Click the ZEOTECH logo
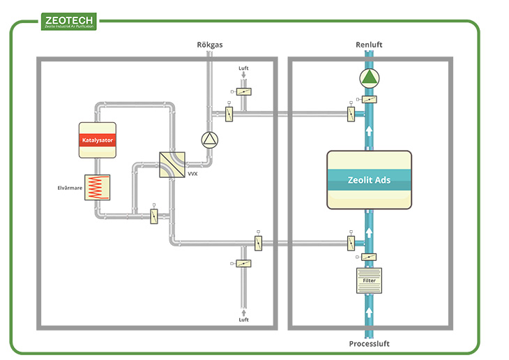(x=68, y=22)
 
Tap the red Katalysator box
(x=98, y=140)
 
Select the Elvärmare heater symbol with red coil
(x=97, y=188)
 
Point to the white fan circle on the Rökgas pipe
(x=209, y=140)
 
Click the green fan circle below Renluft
(x=368, y=77)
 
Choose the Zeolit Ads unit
(x=369, y=180)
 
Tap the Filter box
(x=369, y=280)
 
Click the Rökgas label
(x=208, y=45)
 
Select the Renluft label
(x=369, y=45)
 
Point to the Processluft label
(x=369, y=344)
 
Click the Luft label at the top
(x=243, y=68)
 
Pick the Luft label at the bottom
(x=243, y=320)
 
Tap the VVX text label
(x=193, y=174)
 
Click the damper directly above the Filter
(x=369, y=257)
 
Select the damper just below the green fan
(x=369, y=99)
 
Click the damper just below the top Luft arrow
(x=243, y=91)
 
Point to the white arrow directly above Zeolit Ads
(x=369, y=130)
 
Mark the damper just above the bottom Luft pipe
(x=243, y=263)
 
